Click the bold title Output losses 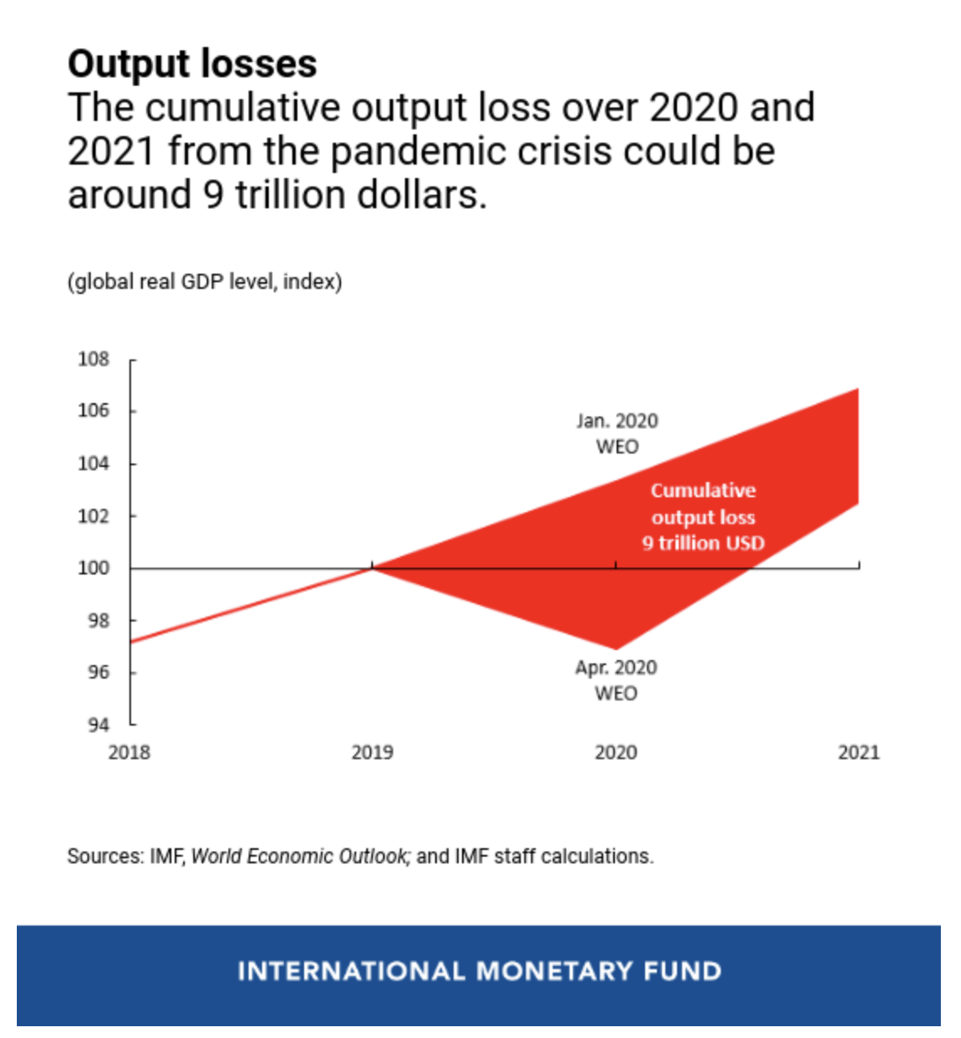[x=192, y=64]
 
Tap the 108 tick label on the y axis [x=93, y=359]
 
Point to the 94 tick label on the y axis [x=98, y=725]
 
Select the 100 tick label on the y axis [x=93, y=568]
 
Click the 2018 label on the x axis [x=129, y=752]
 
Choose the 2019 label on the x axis [x=372, y=752]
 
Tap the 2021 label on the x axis [x=859, y=752]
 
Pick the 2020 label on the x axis [x=616, y=752]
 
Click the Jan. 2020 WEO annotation [x=617, y=433]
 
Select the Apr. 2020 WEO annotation [x=616, y=680]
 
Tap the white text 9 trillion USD [x=704, y=543]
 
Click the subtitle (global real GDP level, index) [x=205, y=281]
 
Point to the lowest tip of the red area [x=617, y=648]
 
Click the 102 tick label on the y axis [x=93, y=516]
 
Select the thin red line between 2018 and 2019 [x=252, y=605]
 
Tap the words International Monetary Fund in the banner [x=479, y=972]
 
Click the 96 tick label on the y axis [x=98, y=672]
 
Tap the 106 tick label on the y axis [x=93, y=411]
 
